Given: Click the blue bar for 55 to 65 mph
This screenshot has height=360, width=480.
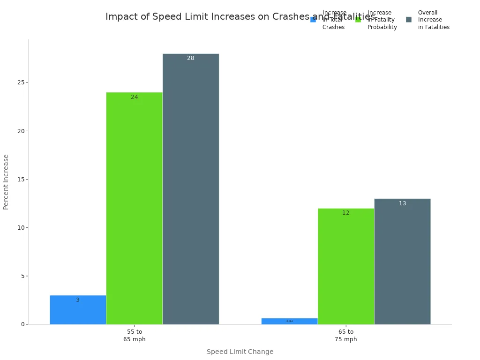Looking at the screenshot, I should [78, 310].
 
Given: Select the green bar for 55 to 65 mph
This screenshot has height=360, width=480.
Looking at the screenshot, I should [134, 208].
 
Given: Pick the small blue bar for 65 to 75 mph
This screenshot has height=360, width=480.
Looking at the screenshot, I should [289, 321].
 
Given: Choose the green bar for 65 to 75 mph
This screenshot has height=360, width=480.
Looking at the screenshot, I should [345, 266].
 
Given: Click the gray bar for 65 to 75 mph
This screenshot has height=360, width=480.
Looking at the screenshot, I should [402, 262].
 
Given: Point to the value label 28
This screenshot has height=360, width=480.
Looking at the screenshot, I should [190, 58].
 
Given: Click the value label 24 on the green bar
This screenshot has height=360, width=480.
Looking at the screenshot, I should [134, 97].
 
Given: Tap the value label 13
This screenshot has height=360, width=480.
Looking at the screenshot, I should [402, 203].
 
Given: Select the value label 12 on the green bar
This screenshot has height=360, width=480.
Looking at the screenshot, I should [345, 213].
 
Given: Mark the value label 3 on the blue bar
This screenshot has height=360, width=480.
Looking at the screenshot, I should [78, 300].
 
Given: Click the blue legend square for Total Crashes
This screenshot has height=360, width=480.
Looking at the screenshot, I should [313, 20].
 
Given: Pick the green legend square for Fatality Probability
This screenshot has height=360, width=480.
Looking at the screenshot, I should [358, 20].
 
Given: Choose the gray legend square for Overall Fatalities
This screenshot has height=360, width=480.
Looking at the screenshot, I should [409, 20].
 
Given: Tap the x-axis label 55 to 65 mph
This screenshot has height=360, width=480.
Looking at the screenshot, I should [134, 336].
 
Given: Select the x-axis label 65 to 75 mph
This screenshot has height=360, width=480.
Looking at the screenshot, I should [345, 336].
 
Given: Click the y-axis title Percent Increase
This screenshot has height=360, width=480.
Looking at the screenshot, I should [6, 182].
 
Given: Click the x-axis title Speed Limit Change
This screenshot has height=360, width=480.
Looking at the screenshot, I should [240, 352].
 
